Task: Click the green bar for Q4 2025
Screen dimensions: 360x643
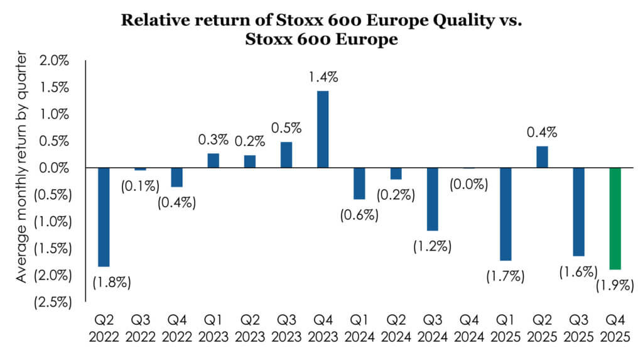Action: click(615, 218)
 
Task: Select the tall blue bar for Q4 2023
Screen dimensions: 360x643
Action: click(322, 129)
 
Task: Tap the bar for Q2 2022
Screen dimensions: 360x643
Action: click(104, 217)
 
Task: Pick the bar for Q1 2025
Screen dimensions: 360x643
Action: click(505, 214)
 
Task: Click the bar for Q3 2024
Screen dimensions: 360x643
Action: click(433, 199)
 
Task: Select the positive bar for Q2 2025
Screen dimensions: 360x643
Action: click(542, 157)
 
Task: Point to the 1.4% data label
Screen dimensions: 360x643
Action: click(323, 78)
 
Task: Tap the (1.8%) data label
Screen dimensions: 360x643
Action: click(112, 281)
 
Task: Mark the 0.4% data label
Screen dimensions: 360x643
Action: click(542, 133)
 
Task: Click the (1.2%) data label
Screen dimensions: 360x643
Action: click(432, 246)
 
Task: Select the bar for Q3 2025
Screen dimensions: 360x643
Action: click(578, 212)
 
